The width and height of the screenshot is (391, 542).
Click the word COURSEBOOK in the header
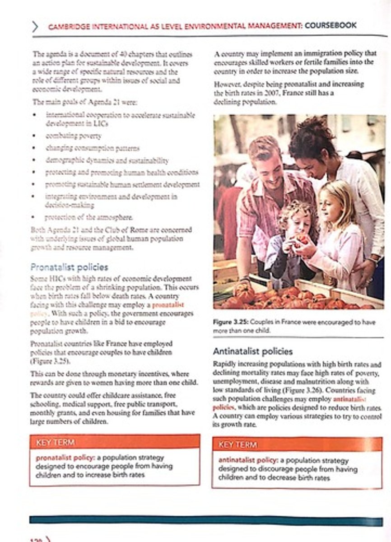click(x=330, y=26)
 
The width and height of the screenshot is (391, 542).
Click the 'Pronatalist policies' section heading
click(x=69, y=267)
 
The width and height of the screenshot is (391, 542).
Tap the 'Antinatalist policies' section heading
click(x=252, y=351)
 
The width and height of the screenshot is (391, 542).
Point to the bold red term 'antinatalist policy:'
click(x=248, y=460)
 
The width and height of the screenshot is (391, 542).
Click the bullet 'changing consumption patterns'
click(x=93, y=148)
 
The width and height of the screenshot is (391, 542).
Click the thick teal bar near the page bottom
click(x=206, y=520)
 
